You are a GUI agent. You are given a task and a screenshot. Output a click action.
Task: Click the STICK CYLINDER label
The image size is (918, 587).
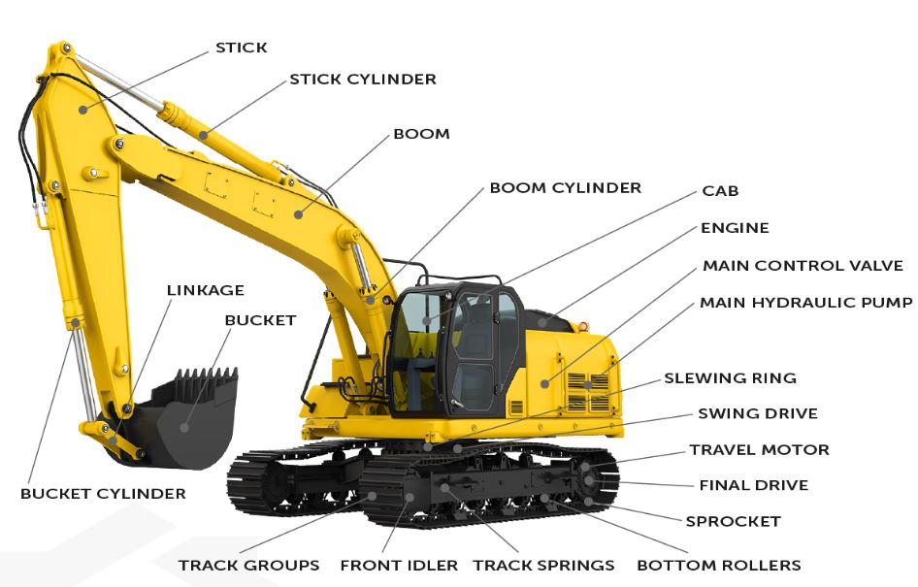[363, 79]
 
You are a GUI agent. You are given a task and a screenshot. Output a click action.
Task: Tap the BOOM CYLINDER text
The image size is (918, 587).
[566, 188]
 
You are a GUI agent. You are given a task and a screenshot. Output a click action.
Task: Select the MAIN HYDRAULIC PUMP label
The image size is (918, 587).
[806, 303]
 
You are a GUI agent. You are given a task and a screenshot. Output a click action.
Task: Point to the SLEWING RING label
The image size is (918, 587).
[730, 378]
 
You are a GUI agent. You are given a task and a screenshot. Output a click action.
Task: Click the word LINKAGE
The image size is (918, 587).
[206, 290]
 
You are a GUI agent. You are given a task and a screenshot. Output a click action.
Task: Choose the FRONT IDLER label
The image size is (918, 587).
[399, 566]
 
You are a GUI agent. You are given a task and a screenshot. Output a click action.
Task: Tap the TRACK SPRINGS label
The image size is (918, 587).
[543, 566]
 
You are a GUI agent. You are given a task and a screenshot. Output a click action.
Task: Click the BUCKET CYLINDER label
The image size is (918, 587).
[103, 493]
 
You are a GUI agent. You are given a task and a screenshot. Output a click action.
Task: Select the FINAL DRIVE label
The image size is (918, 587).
[753, 485]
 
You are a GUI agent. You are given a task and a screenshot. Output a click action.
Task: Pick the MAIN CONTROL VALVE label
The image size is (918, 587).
[803, 266]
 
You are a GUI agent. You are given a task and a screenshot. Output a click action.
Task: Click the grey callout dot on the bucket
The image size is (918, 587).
[184, 427]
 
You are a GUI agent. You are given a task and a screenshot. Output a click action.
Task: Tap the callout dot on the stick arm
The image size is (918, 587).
[83, 110]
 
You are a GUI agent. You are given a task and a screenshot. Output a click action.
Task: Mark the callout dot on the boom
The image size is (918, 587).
[299, 214]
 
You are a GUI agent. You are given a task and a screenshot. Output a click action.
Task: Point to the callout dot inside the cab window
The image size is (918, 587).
[427, 321]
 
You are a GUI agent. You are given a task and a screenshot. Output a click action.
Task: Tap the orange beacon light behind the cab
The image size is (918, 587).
[582, 326]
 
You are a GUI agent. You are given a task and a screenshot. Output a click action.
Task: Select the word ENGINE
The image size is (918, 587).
[735, 228]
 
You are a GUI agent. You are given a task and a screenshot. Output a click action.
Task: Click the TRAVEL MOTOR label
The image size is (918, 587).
[760, 450]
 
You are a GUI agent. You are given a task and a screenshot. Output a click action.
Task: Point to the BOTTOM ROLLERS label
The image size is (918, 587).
[719, 566]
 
